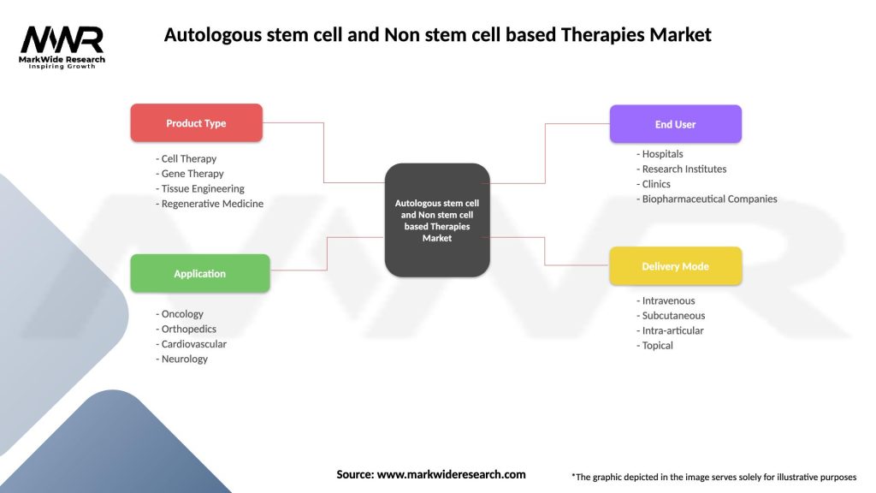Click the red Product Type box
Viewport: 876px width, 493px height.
pyautogui.click(x=196, y=123)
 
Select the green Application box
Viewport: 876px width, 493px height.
pyautogui.click(x=199, y=274)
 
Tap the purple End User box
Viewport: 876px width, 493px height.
pyautogui.click(x=675, y=124)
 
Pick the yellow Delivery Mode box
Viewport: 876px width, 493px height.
pyautogui.click(x=675, y=266)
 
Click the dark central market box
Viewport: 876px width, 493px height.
pyautogui.click(x=437, y=220)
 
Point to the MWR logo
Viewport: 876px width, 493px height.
pyautogui.click(x=62, y=46)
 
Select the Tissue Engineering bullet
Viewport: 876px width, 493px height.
pyautogui.click(x=202, y=188)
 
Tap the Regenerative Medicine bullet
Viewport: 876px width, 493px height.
pyautogui.click(x=211, y=204)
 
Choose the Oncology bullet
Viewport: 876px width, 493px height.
pyautogui.click(x=181, y=314)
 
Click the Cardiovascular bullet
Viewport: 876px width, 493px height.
pyautogui.click(x=192, y=344)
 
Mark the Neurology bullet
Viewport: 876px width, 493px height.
pyautogui.click(x=183, y=359)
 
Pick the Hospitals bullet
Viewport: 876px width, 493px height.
pyautogui.click(x=661, y=154)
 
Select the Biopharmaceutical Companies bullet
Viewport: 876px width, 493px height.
pyautogui.click(x=708, y=199)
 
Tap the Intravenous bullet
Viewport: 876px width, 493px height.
pyautogui.click(x=667, y=300)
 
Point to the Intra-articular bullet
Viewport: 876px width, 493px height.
pyautogui.click(x=672, y=330)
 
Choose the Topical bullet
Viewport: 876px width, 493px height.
pyautogui.click(x=656, y=346)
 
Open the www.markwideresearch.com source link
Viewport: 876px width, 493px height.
pyautogui.click(x=451, y=474)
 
